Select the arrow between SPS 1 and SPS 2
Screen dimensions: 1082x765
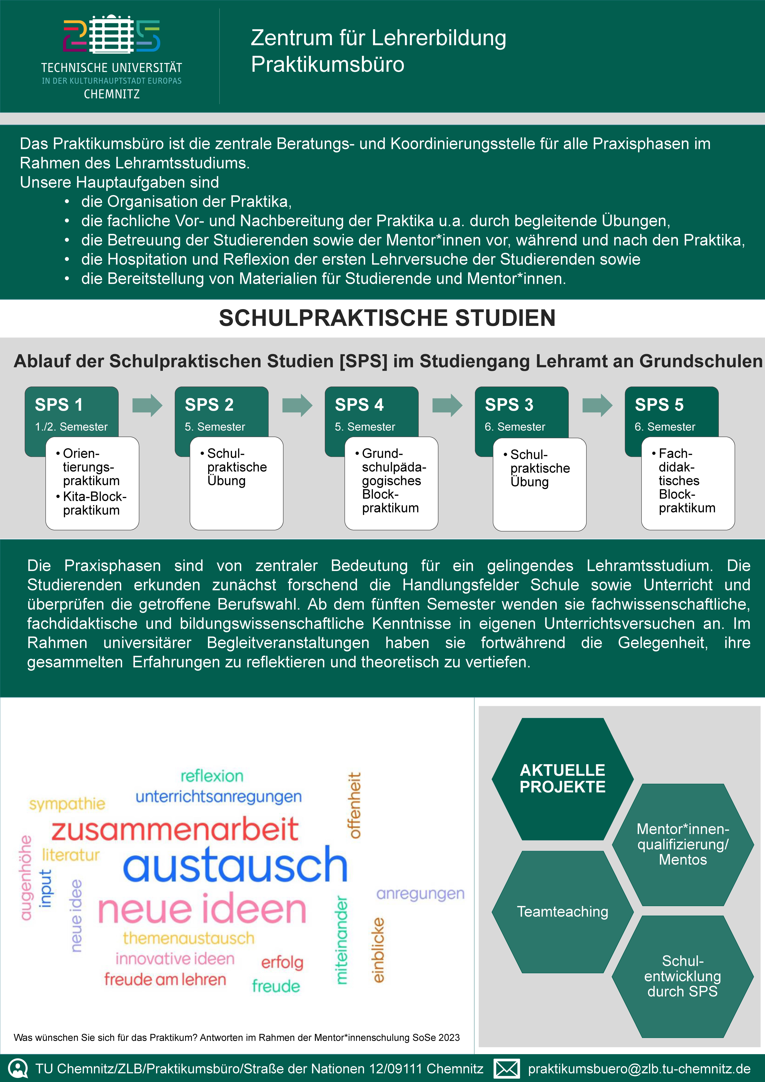[x=147, y=405]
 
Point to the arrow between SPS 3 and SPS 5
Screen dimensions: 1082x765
[x=597, y=405]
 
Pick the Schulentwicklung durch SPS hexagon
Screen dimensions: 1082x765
[x=683, y=976]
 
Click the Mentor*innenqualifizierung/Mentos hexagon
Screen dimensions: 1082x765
[x=683, y=845]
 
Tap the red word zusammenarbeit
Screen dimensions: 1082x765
[x=175, y=830]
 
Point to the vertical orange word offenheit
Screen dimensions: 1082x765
[x=354, y=805]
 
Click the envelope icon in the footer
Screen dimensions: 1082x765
[x=506, y=1068]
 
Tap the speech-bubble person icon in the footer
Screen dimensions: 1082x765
[x=18, y=1068]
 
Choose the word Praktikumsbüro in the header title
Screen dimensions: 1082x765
[x=327, y=64]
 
